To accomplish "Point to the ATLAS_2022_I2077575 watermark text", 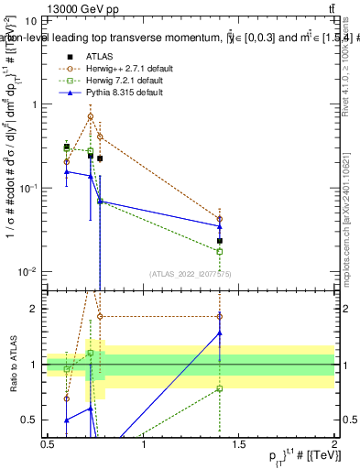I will pos(191,273).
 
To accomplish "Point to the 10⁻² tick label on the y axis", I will pos(28,271).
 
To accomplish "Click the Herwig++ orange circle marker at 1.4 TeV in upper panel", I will pos(220,219).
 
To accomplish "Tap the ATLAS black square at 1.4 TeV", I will pos(220,241).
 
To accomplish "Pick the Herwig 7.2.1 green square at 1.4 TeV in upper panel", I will pos(220,251).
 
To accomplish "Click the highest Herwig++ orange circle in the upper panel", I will pos(90,116).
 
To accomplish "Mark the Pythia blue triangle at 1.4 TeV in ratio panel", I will pos(220,333).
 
